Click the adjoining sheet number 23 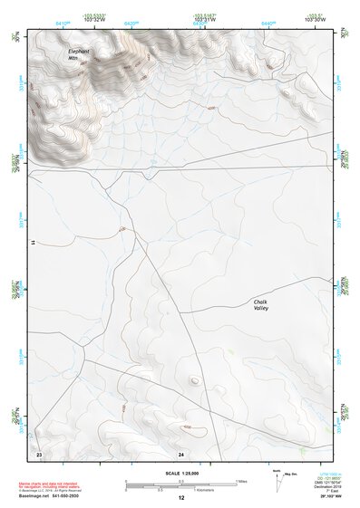[39, 452]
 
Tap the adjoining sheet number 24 [181, 452]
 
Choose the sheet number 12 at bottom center [181, 498]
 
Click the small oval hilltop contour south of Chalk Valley [194, 380]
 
